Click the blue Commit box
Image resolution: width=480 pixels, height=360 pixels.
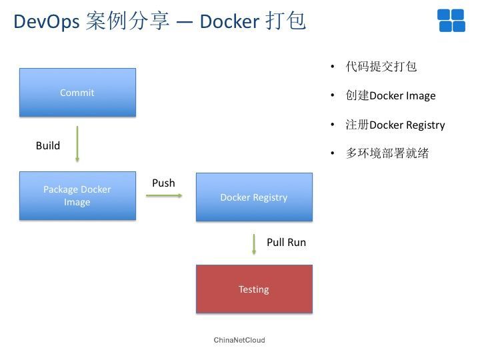(77, 93)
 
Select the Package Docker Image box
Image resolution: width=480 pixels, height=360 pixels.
(77, 196)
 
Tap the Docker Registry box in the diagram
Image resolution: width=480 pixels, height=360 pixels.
(254, 197)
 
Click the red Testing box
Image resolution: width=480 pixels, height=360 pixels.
(254, 289)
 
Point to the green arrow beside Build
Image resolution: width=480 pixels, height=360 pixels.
(77, 144)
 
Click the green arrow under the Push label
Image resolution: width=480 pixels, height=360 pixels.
(164, 195)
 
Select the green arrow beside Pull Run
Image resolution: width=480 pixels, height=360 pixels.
(254, 244)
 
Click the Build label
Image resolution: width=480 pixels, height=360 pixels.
(48, 145)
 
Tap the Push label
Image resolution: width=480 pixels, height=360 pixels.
(163, 183)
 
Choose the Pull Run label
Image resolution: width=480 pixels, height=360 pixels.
(286, 242)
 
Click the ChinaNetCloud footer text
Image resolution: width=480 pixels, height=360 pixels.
(239, 340)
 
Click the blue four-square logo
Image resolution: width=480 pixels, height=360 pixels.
(451, 21)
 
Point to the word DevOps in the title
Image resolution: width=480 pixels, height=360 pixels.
(47, 22)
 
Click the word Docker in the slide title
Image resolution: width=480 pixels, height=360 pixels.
(229, 21)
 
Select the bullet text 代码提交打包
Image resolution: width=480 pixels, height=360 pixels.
(381, 67)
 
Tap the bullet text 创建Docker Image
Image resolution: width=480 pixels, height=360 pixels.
(391, 95)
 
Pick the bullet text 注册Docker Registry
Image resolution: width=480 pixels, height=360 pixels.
(395, 125)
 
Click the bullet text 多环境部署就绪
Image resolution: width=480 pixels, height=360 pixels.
(387, 153)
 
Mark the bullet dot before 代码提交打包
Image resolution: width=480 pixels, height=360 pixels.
(333, 67)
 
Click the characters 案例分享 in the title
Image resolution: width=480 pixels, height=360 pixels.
(127, 21)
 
